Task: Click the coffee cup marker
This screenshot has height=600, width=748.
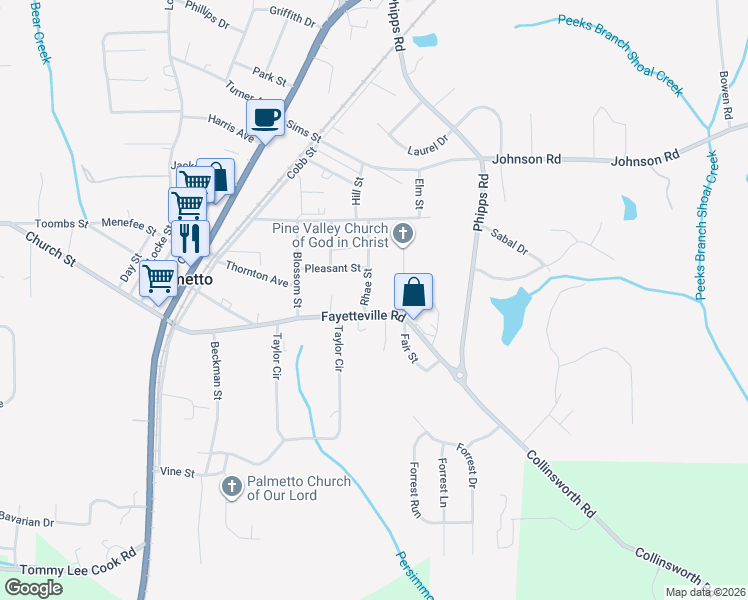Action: click(265, 119)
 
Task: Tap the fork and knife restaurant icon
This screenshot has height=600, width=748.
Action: click(187, 238)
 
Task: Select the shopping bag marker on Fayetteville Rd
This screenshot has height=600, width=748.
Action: click(413, 293)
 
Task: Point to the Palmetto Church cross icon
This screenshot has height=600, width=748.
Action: click(231, 487)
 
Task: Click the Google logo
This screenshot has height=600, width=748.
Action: click(33, 588)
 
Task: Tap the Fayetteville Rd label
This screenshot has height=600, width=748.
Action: click(363, 316)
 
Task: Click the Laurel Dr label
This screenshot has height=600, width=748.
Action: click(429, 148)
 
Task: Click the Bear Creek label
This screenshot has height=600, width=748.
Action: click(41, 33)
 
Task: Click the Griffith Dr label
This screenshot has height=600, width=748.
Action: click(292, 15)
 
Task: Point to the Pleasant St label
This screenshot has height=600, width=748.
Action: click(332, 268)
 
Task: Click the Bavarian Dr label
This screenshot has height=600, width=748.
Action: click(26, 522)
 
